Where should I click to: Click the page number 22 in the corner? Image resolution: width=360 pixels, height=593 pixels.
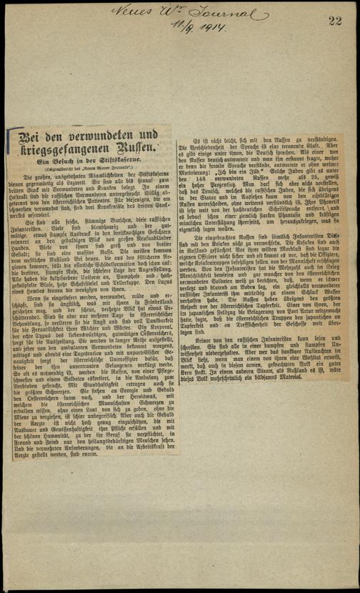(336, 22)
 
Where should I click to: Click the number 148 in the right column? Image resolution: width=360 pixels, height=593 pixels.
(203, 196)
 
